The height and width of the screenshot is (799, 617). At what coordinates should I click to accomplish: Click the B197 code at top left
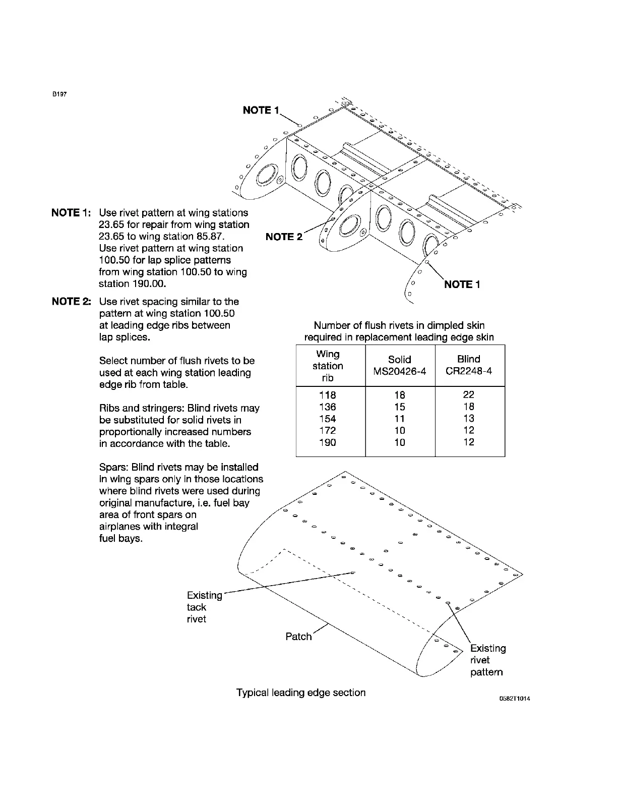(59, 94)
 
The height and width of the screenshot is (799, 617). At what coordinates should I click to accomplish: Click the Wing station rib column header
(328, 366)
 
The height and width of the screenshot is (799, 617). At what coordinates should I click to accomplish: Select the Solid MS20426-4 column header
(400, 365)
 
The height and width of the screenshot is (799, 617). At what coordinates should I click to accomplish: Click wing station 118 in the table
(328, 395)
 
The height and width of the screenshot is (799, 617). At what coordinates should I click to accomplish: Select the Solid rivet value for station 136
(400, 407)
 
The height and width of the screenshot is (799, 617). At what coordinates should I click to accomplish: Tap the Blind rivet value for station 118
(469, 394)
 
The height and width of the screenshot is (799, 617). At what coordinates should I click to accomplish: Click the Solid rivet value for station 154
(400, 419)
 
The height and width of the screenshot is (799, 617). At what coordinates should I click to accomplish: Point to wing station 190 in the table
(328, 442)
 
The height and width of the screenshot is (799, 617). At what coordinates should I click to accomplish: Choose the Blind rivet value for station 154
(469, 418)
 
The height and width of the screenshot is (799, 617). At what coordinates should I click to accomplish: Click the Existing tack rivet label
(204, 607)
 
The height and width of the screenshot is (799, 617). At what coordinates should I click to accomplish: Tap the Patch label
(298, 637)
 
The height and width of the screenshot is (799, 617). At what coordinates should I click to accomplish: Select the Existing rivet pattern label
(487, 660)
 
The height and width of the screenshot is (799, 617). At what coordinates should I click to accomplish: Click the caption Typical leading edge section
(301, 693)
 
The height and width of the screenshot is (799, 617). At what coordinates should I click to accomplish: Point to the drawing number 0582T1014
(514, 699)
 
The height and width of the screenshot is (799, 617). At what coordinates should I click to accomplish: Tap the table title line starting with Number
(399, 325)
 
